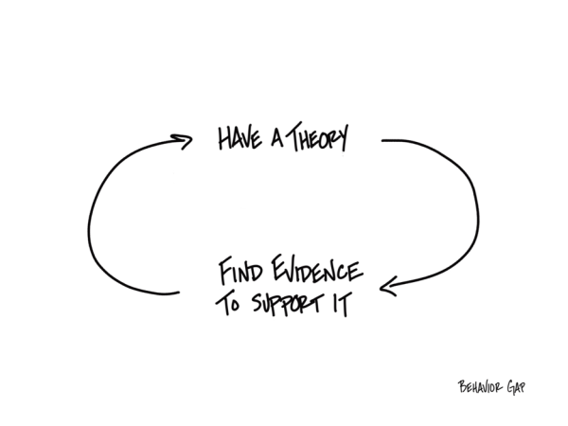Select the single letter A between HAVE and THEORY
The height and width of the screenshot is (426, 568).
pyautogui.click(x=275, y=141)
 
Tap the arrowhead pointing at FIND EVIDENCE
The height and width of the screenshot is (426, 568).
pyautogui.click(x=388, y=282)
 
